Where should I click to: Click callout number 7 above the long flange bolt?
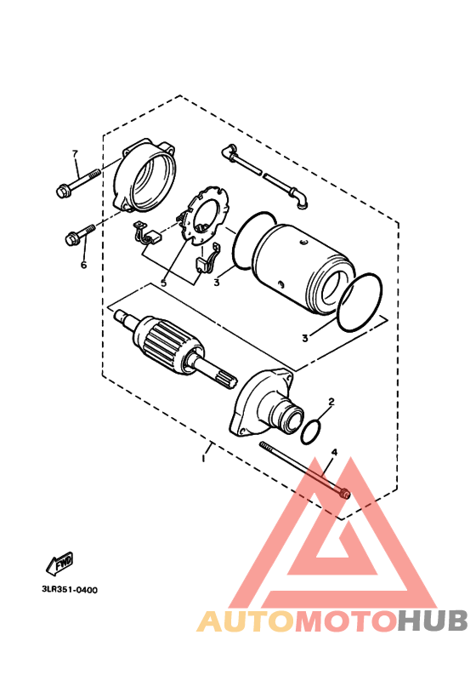coord(75,153)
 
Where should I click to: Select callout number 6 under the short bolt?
coord(83,265)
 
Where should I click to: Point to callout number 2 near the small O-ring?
coord(331,401)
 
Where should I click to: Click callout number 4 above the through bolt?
coord(334,453)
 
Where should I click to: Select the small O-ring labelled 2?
coord(314,431)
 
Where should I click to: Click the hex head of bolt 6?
coord(71,239)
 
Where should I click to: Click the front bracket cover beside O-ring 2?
coord(265,404)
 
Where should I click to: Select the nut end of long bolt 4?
coord(343,493)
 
